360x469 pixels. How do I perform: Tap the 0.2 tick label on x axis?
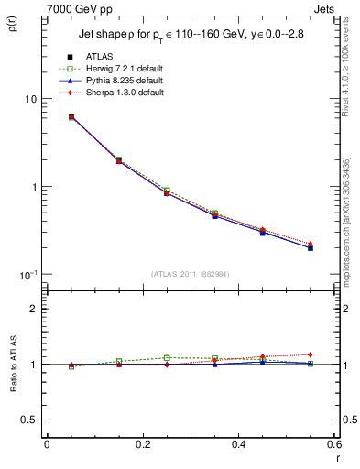(142, 444)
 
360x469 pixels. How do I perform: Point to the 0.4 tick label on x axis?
(239, 444)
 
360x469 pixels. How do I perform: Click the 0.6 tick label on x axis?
(334, 444)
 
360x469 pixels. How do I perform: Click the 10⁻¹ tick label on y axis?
(27, 274)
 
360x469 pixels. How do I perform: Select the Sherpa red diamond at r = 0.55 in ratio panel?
(311, 354)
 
